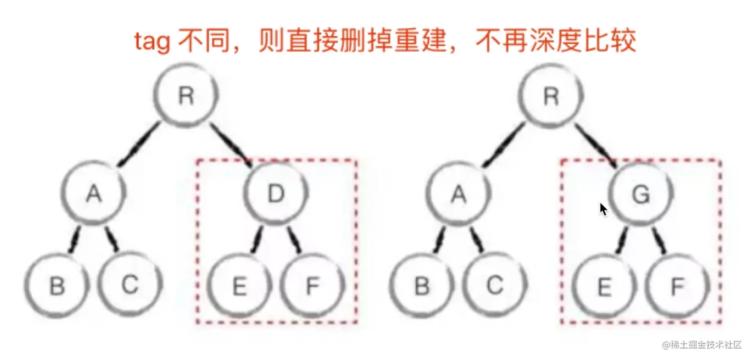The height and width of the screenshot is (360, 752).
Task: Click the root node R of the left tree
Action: tap(186, 96)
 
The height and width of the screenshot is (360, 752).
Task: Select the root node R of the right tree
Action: tap(551, 96)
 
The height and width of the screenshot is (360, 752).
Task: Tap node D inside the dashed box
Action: tap(276, 194)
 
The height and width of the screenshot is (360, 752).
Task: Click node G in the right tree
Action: tap(640, 194)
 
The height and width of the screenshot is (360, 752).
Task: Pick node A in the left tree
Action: tap(94, 194)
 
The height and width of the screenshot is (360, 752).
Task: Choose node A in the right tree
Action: tap(459, 194)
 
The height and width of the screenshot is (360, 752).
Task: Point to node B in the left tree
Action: tap(57, 286)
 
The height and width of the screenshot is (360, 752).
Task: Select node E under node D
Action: tap(240, 286)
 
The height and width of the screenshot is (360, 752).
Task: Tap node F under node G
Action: tap(677, 286)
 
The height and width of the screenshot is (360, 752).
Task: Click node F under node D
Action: tap(312, 286)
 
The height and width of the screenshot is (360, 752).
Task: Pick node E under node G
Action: tap(604, 286)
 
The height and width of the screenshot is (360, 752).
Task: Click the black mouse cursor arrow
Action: tap(603, 209)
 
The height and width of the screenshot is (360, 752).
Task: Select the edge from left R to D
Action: tap(232, 145)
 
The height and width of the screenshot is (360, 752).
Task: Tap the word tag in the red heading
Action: tap(152, 42)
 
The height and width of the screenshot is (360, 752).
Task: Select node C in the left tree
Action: tap(130, 286)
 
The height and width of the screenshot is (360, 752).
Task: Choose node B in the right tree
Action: tap(422, 286)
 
